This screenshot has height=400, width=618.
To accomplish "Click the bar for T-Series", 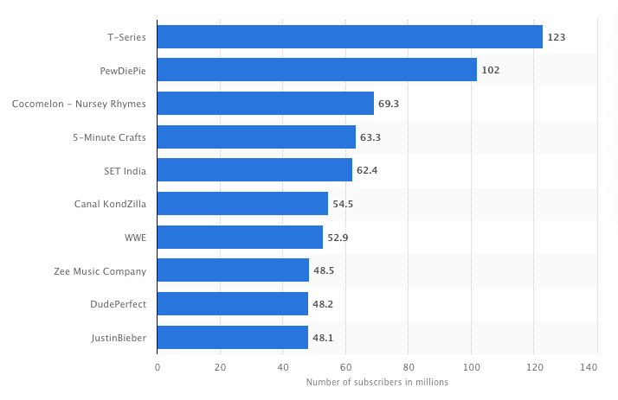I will pos(350,37).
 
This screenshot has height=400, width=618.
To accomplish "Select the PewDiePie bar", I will pos(317,70).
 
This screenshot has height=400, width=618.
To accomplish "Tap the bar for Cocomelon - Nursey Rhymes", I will pos(266,104).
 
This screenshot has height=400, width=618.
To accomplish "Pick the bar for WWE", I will pos(240,238).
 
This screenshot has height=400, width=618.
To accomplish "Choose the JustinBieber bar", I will pos(233,337).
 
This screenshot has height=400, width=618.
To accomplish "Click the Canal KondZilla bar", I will pos(242,204).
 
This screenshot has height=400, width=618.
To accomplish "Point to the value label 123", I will pos(556,37).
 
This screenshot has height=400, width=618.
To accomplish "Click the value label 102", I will pos(491,70).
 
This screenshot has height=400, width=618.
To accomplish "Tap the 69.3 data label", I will pos(389,104).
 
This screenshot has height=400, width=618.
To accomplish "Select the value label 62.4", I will pos(367,170).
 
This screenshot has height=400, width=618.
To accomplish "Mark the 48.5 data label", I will pos(324,270).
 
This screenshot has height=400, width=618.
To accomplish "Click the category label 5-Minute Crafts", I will pos(109,137).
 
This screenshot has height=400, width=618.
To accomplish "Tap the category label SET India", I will pos(125,170).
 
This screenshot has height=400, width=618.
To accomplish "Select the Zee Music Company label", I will pos(100,270).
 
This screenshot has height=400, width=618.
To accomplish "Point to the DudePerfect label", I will pos(118,304).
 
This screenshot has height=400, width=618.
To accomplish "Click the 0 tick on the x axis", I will pos(158,367).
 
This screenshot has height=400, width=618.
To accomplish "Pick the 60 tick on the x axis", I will pos(345,367).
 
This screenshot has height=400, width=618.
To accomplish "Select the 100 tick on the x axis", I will pos(471,367).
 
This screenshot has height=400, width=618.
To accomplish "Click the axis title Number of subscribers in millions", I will pos(377,383).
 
